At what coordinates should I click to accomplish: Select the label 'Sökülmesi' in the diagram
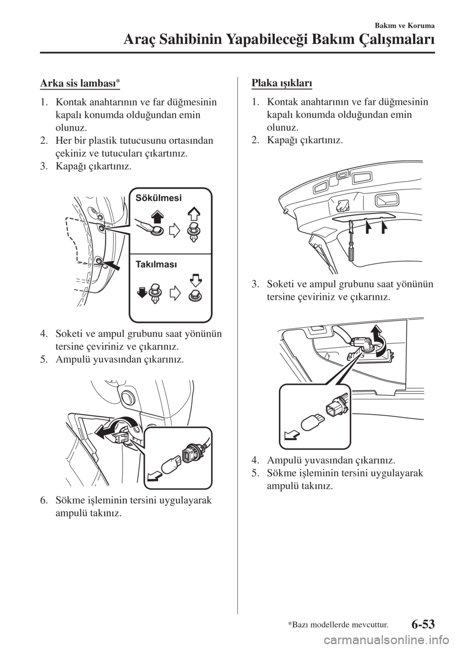click(159, 197)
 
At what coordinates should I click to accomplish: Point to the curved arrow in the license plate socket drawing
click(379, 339)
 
